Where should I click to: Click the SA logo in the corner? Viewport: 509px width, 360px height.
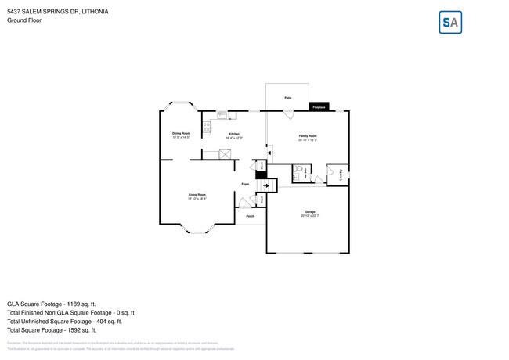(x=449, y=23)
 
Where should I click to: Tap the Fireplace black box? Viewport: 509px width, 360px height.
(x=319, y=106)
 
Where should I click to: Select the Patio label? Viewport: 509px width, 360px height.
(x=288, y=98)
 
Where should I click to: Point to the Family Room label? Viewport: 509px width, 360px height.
(x=308, y=136)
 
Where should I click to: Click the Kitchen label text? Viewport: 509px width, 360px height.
(x=233, y=134)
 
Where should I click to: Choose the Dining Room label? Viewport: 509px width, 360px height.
(x=182, y=133)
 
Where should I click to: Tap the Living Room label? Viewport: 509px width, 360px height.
(x=197, y=194)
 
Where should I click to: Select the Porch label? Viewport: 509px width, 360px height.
(x=250, y=216)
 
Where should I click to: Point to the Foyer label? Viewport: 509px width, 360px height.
(x=245, y=183)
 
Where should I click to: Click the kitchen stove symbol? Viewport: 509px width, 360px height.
(x=208, y=127)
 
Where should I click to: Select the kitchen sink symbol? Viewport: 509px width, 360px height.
(x=222, y=117)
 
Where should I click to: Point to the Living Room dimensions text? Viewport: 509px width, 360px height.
(x=197, y=199)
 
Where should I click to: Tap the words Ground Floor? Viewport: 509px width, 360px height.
(x=24, y=20)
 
